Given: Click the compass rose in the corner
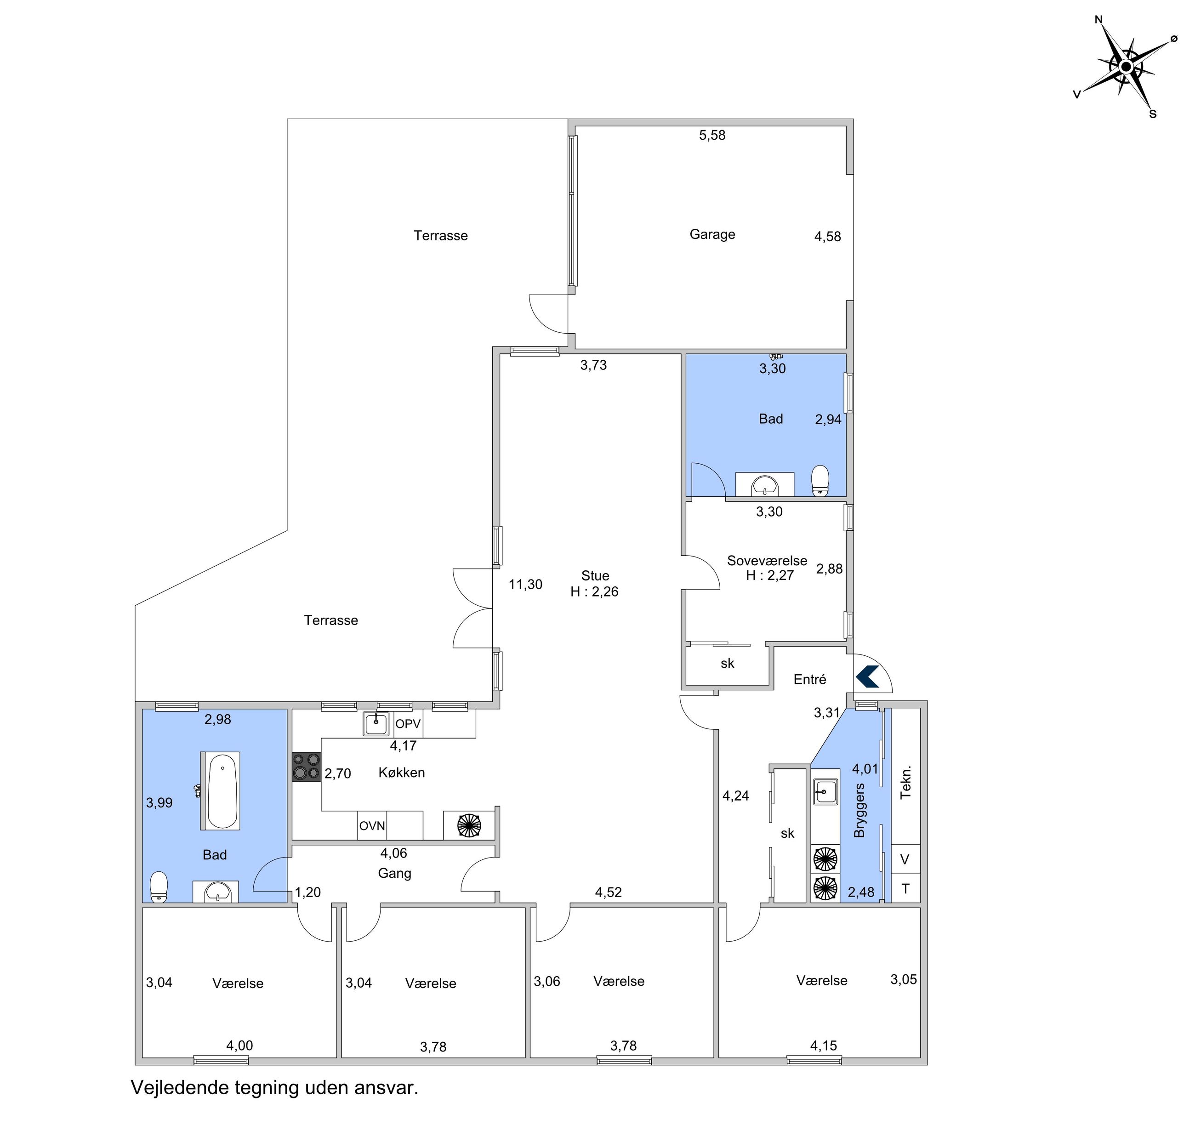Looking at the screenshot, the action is tap(1126, 67).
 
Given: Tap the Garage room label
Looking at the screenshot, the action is tap(712, 234).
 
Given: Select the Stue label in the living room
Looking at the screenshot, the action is tap(595, 575).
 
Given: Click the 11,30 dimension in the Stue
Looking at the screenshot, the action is tap(525, 584).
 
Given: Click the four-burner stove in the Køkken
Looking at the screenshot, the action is tap(306, 767).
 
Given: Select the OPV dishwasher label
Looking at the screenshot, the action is tap(408, 724).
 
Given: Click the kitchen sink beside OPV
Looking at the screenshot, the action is tap(376, 724).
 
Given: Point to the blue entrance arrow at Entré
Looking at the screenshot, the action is tap(868, 677).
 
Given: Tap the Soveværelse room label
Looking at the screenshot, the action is tap(767, 560).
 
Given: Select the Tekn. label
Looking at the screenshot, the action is tap(905, 782).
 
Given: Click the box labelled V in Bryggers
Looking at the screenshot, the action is tap(905, 859).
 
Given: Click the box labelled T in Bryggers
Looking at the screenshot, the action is tap(905, 888).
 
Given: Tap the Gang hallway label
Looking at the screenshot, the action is tap(394, 874).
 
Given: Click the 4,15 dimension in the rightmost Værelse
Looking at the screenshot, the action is tap(824, 1046).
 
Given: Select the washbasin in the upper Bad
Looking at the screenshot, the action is tap(764, 485).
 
